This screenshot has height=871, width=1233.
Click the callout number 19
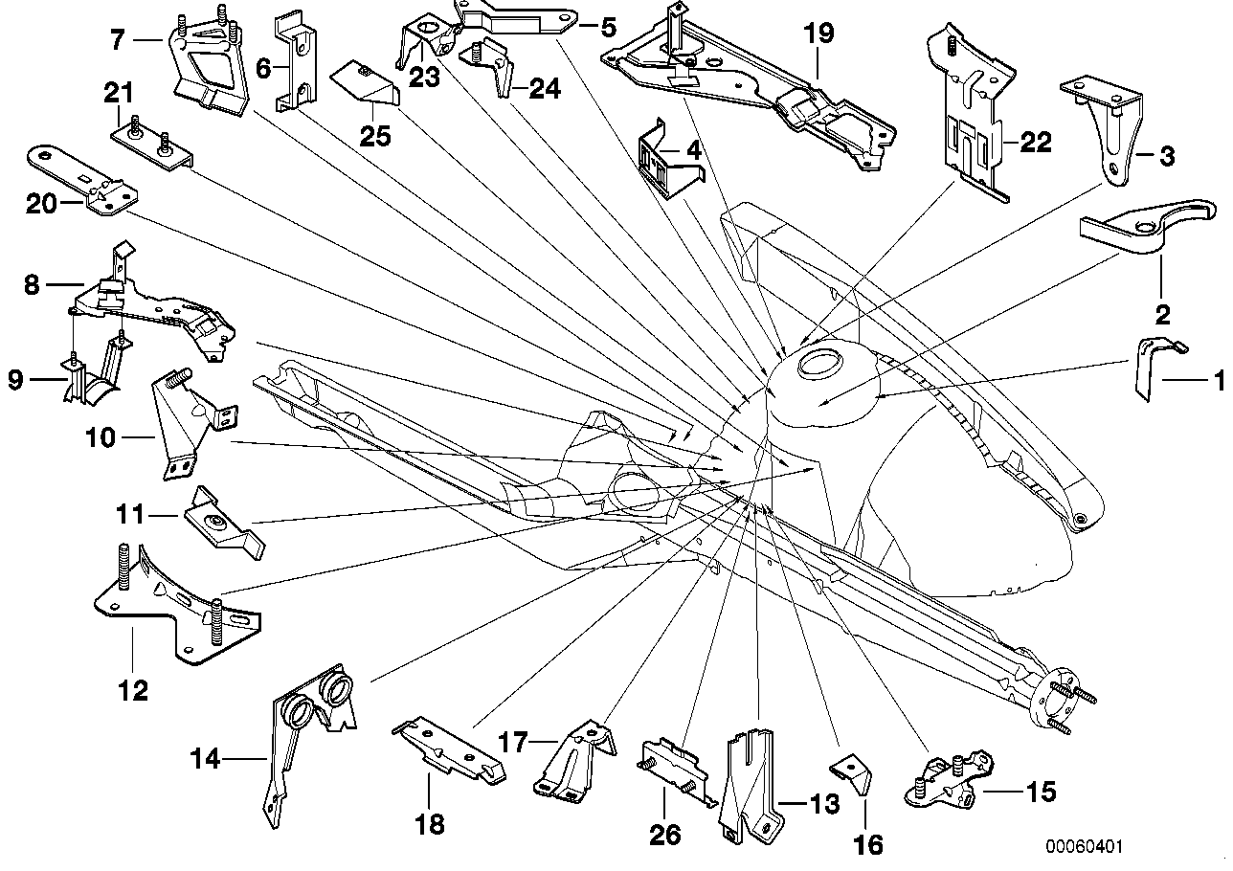coord(819,33)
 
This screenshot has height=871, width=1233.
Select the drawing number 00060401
coord(1084,848)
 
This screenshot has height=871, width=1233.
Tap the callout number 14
coord(205,760)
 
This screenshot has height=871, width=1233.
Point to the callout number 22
coord(1036,144)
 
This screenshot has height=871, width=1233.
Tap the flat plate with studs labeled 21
coord(154,148)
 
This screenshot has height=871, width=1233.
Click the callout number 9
coord(16,380)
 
